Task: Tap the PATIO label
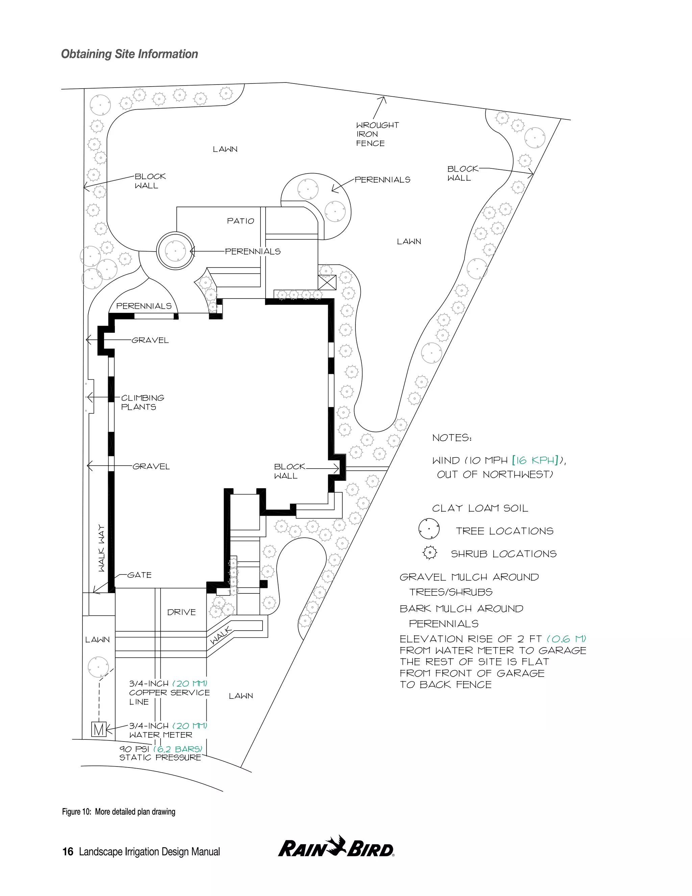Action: pyautogui.click(x=241, y=221)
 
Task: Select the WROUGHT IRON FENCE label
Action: pyautogui.click(x=377, y=134)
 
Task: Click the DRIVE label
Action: pyautogui.click(x=181, y=612)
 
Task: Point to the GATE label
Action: pyautogui.click(x=140, y=575)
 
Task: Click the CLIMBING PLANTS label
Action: pyautogui.click(x=143, y=402)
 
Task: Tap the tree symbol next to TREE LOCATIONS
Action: pyautogui.click(x=429, y=529)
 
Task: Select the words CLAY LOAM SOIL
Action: pyautogui.click(x=480, y=508)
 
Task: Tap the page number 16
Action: pyautogui.click(x=68, y=852)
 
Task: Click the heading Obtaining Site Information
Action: pyautogui.click(x=129, y=54)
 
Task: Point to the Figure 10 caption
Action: pyautogui.click(x=119, y=812)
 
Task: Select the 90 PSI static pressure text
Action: pyautogui.click(x=160, y=753)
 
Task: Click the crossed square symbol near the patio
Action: pyautogui.click(x=327, y=283)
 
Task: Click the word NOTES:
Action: pyautogui.click(x=452, y=438)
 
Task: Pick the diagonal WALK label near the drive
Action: pyautogui.click(x=221, y=636)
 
